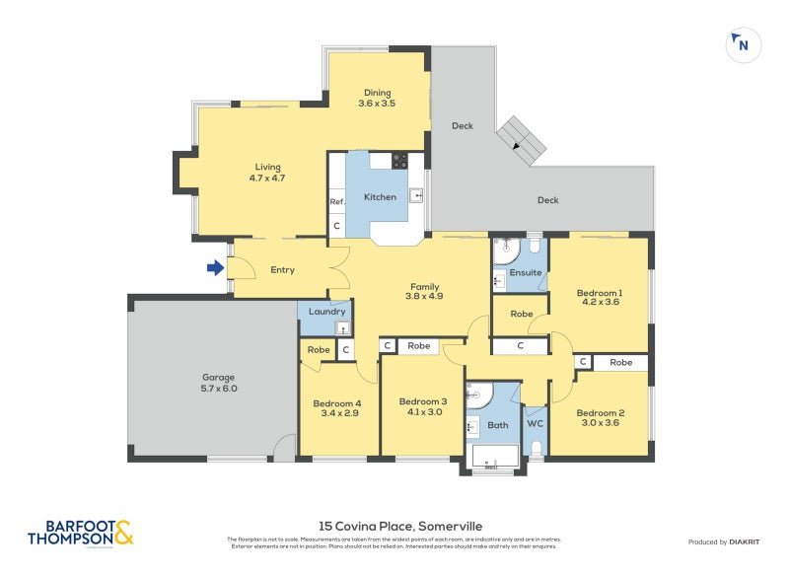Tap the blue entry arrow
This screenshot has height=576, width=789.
tap(215, 267)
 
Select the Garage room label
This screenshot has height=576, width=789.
tap(219, 383)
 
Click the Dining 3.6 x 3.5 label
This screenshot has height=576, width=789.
tap(377, 98)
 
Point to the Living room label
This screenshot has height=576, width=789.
tap(267, 173)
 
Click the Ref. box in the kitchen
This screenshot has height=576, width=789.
tap(337, 202)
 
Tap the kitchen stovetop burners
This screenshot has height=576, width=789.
tap(399, 160)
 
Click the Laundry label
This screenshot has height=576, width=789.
tap(326, 312)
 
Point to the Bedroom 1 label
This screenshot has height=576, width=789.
tap(599, 298)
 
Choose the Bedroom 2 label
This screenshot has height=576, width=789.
tap(600, 418)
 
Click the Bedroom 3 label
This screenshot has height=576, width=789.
tap(422, 407)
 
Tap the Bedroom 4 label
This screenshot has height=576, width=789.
tap(337, 409)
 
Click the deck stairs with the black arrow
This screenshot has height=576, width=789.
tap(520, 140)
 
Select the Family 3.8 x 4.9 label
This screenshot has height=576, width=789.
tap(424, 293)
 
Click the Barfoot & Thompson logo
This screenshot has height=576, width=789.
tap(80, 534)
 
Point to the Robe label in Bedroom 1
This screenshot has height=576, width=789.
tap(521, 316)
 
